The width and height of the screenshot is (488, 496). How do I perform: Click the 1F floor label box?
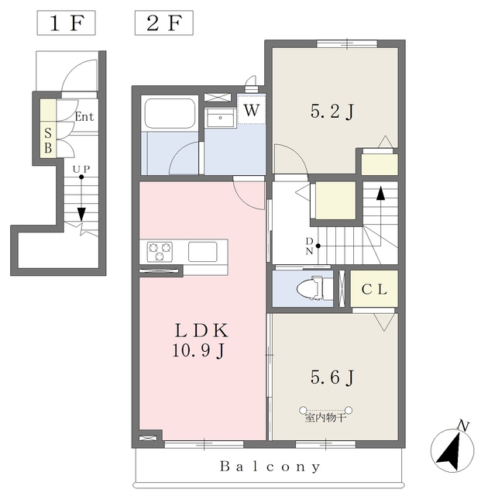[x=66, y=22]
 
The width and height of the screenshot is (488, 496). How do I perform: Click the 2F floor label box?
[x=164, y=22]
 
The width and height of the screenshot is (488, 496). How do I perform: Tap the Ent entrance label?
[x=84, y=117]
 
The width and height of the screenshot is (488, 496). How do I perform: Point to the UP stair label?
[x=81, y=170]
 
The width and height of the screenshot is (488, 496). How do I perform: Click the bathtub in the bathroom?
[x=170, y=113]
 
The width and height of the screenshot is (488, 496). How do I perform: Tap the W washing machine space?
[x=252, y=108]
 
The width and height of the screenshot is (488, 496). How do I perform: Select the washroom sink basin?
[x=220, y=119]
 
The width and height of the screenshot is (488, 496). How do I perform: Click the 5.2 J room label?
[x=332, y=112]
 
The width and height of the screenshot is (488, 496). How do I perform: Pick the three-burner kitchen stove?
[x=160, y=251]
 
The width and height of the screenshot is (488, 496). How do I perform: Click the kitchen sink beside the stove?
[x=203, y=251]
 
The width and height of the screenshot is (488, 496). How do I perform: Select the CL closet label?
[x=374, y=289]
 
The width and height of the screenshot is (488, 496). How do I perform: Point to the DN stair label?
[x=309, y=246]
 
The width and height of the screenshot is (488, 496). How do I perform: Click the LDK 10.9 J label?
[x=201, y=340]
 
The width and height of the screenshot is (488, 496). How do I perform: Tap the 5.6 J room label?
[x=332, y=377]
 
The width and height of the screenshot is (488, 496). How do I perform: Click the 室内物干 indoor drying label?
[x=325, y=418]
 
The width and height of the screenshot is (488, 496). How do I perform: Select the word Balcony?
[x=270, y=467]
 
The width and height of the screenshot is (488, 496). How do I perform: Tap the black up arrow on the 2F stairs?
[x=380, y=193]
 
